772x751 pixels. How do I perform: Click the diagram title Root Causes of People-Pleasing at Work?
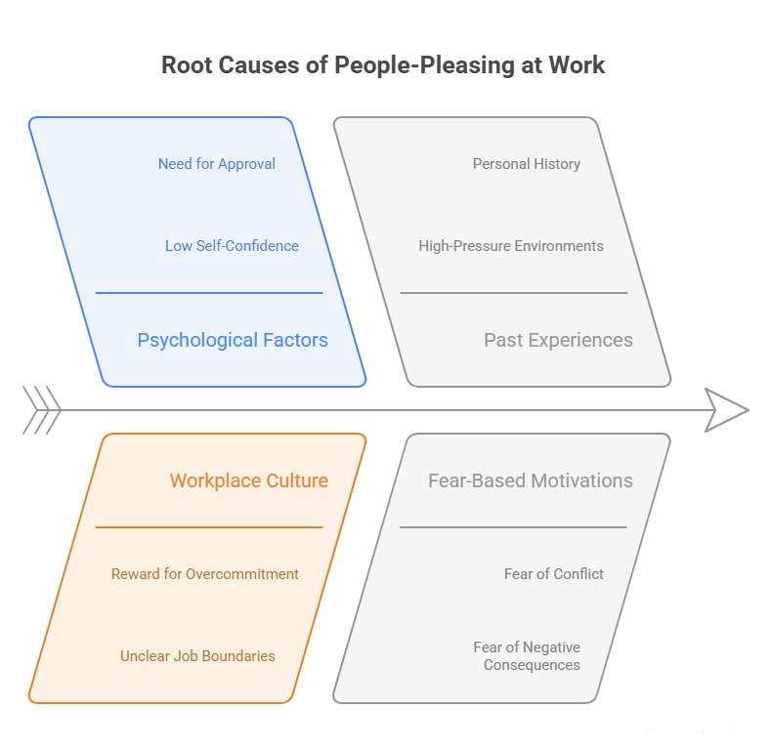click(383, 65)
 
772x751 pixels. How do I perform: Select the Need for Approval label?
click(216, 164)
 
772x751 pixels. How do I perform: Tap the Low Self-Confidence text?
click(232, 246)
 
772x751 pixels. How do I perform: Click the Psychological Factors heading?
click(233, 340)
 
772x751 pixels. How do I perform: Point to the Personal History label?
click(526, 164)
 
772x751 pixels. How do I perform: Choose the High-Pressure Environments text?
click(510, 246)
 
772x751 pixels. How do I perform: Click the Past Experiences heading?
click(558, 340)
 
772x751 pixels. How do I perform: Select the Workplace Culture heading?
click(248, 480)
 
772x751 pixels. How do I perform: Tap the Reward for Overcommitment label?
click(204, 574)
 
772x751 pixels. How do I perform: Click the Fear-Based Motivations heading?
click(530, 480)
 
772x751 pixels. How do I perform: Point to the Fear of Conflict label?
click(553, 574)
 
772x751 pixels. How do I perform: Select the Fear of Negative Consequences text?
click(527, 656)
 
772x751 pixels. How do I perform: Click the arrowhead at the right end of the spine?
click(726, 410)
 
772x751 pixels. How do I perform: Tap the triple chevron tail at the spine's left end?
click(41, 410)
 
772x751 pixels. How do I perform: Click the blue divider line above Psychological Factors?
click(208, 292)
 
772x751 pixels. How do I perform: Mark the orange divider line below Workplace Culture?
click(208, 527)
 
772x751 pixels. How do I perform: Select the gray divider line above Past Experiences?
click(513, 292)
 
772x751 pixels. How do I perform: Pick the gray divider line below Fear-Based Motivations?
click(513, 527)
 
